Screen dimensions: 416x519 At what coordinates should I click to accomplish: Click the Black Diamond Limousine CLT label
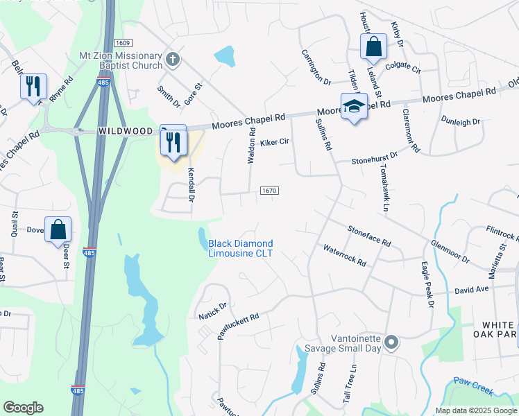click(241, 248)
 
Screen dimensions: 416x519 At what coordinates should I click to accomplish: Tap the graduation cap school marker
click(354, 106)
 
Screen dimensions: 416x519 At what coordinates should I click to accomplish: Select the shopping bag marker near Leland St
click(373, 47)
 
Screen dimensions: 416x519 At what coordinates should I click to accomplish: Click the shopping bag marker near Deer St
click(58, 229)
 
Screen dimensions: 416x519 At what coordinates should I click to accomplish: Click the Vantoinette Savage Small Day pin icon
click(391, 341)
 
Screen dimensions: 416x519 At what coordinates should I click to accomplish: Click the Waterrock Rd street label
click(344, 254)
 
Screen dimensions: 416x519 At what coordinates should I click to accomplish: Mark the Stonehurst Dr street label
click(374, 157)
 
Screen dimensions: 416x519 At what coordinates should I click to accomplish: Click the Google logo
click(23, 408)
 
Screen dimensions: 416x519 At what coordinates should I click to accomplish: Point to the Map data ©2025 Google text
click(475, 410)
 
